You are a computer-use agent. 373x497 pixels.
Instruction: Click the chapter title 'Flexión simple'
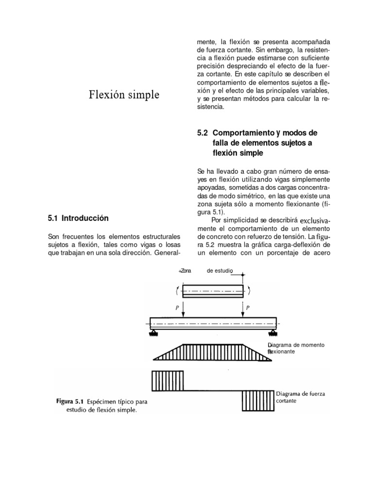pyautogui.click(x=124, y=94)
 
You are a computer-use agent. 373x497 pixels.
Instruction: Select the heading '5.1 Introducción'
pyautogui.click(x=78, y=218)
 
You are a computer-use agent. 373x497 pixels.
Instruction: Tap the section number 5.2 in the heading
pyautogui.click(x=202, y=133)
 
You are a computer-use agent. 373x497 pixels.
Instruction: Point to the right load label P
pyautogui.click(x=248, y=307)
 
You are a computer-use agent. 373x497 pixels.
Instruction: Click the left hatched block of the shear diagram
pyautogui.click(x=168, y=381)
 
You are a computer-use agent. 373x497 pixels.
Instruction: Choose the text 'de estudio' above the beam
pyautogui.click(x=220, y=270)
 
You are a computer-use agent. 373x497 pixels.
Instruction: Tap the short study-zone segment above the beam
pyautogui.click(x=213, y=291)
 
